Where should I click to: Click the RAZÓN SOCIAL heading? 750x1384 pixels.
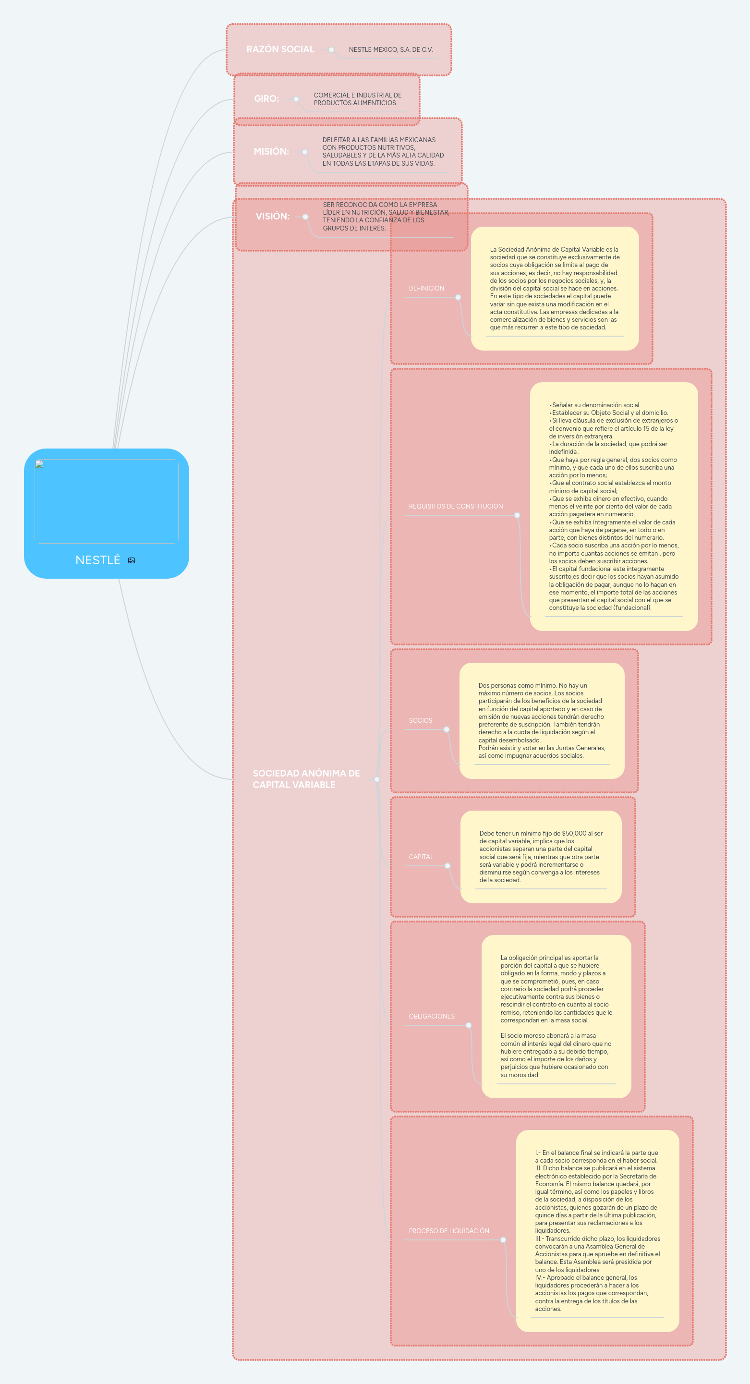280,49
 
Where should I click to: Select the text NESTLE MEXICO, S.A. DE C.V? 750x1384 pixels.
390,49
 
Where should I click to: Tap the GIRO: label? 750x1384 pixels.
266,98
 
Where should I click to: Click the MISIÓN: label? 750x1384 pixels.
271,151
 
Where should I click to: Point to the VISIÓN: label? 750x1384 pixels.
272,216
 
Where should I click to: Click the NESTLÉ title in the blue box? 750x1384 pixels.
98,560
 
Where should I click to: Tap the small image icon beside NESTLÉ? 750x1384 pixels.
132,560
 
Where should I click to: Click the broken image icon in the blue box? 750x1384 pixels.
39,464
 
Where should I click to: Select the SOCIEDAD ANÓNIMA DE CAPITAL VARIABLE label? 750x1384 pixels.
306,778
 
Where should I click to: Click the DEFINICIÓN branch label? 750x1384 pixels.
426,289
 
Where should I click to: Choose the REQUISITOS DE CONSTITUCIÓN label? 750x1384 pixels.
456,506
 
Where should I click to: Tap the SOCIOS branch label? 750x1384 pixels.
421,720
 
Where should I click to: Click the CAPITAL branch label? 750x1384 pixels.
421,857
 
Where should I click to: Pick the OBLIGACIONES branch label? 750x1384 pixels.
431,1016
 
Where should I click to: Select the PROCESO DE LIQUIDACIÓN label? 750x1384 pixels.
449,1231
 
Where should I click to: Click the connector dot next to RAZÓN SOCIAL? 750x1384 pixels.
331,49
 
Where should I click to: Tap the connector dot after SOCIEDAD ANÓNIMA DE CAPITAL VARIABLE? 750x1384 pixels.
376,779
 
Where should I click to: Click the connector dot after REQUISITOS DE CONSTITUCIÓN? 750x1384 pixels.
517,515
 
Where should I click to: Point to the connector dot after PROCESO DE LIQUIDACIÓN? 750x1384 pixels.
503,1240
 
